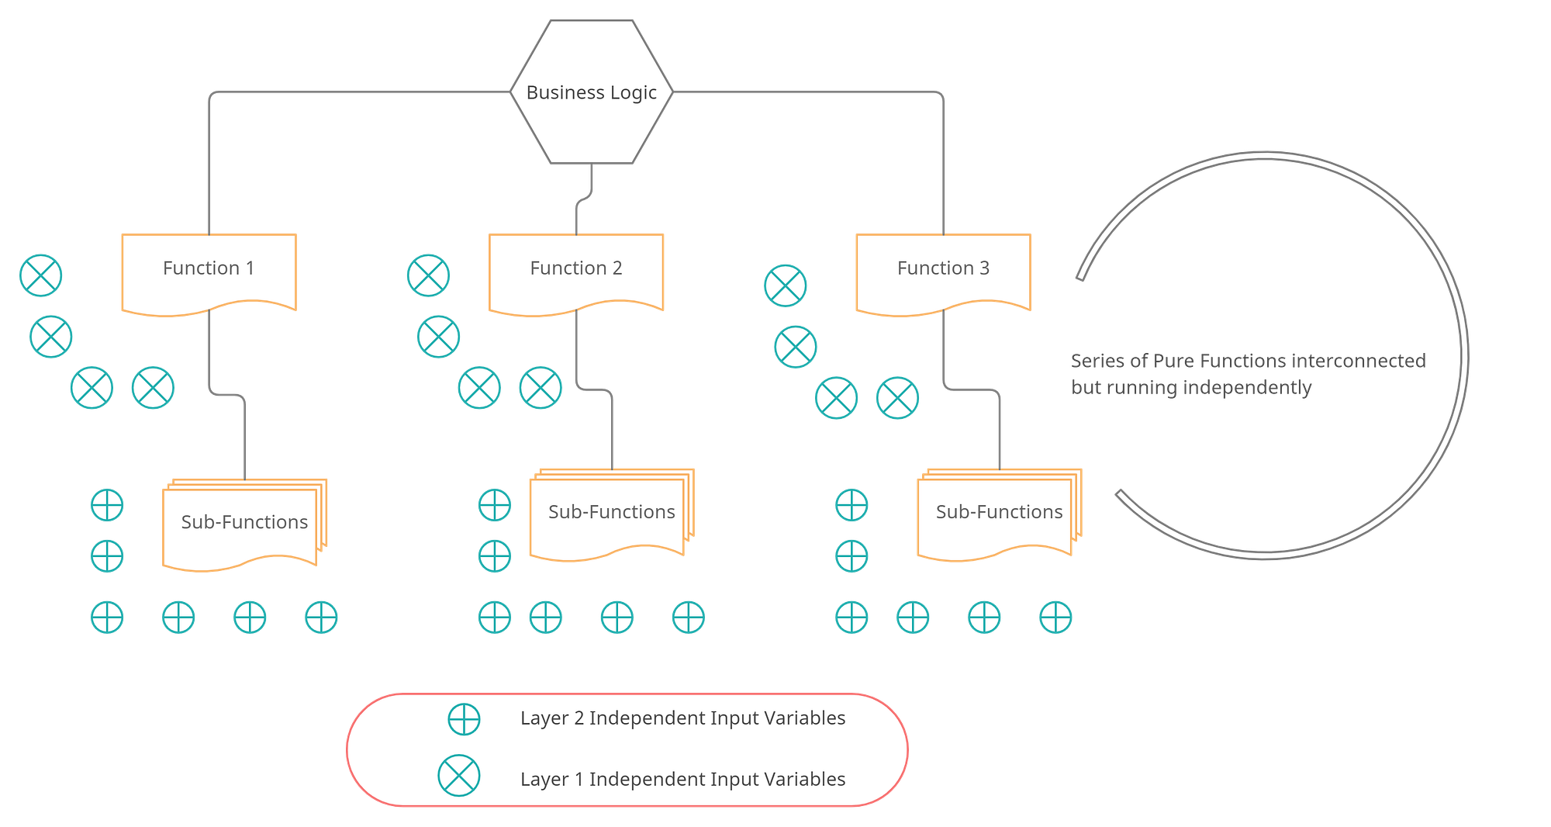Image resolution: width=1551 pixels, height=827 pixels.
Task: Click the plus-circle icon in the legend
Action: click(x=464, y=719)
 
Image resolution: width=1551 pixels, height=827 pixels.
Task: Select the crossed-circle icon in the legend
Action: click(x=459, y=776)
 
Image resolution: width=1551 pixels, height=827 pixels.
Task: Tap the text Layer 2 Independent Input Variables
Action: click(x=682, y=718)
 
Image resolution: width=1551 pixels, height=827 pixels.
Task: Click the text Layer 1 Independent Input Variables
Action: click(x=682, y=780)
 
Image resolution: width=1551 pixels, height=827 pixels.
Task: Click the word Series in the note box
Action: click(x=1097, y=361)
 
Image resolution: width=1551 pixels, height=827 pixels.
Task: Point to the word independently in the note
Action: click(x=1247, y=387)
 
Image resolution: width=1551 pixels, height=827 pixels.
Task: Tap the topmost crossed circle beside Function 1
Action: click(x=41, y=275)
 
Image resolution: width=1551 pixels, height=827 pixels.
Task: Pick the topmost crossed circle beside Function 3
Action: click(x=785, y=285)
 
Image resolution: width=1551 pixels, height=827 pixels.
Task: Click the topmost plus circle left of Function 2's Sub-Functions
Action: click(x=494, y=506)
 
